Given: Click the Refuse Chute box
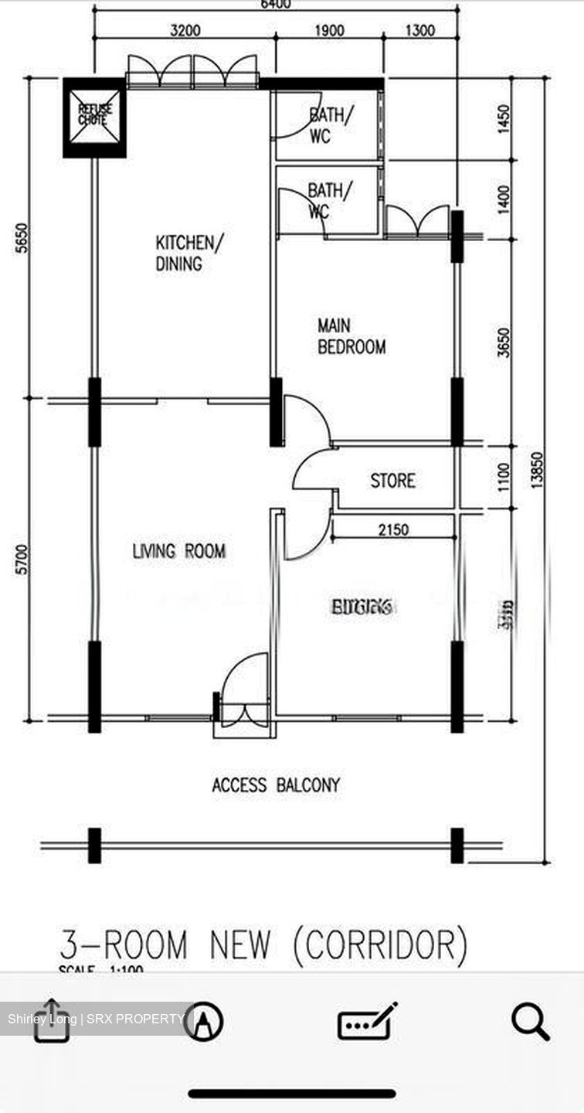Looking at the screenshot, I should pyautogui.click(x=94, y=117).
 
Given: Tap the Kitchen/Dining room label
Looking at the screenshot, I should pyautogui.click(x=188, y=254).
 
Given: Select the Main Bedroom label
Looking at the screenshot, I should pyautogui.click(x=351, y=337).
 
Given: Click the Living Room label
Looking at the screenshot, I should pyautogui.click(x=179, y=551).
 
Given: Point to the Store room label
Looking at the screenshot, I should pyautogui.click(x=392, y=481).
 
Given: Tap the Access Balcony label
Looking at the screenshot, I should pyautogui.click(x=276, y=785).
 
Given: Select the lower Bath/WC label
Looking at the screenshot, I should pyautogui.click(x=331, y=199).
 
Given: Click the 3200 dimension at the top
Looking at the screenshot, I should pyautogui.click(x=185, y=31).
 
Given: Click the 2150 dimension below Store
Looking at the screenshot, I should pyautogui.click(x=394, y=529).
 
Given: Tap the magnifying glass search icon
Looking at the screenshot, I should pyautogui.click(x=531, y=1023).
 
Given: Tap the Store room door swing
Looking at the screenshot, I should pyautogui.click(x=313, y=471).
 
